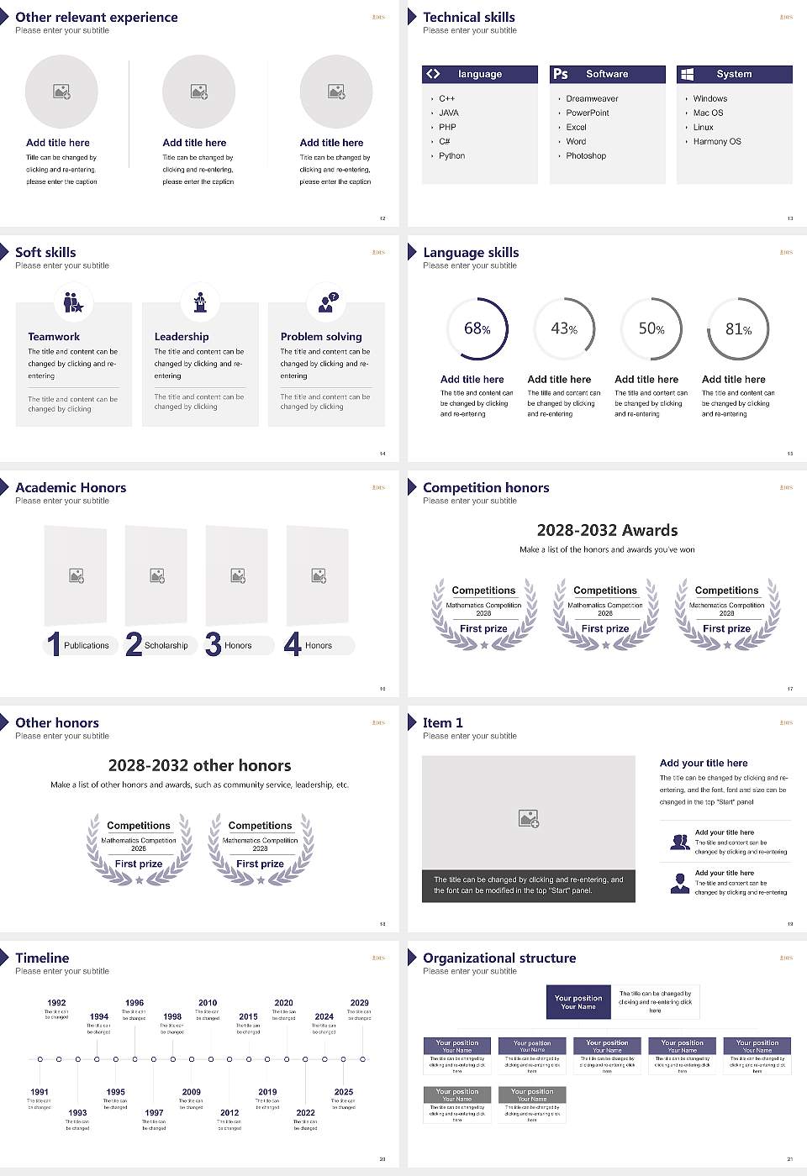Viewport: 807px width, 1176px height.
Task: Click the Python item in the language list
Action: [451, 156]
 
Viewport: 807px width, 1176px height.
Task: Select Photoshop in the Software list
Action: [586, 156]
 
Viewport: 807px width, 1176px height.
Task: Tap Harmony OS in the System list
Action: [717, 142]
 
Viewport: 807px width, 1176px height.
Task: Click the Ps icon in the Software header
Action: [561, 74]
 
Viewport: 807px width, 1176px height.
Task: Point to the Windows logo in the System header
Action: [687, 74]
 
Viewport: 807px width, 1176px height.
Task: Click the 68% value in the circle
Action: [477, 328]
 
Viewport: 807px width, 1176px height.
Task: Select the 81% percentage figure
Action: [738, 329]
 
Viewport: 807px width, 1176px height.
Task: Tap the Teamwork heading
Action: [54, 337]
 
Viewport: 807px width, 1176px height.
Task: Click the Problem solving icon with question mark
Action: [327, 302]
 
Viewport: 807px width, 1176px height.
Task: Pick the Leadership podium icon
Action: [200, 302]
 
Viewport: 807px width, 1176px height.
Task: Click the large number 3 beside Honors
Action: [213, 644]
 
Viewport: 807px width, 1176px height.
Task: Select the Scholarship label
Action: [166, 646]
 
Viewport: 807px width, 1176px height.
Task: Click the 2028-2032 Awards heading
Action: [607, 530]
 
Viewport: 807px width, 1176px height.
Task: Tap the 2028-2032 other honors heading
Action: [199, 765]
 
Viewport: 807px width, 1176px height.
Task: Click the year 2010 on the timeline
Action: [208, 1003]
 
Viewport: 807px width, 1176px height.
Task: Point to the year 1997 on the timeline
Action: [154, 1113]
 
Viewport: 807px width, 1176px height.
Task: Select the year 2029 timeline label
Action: [359, 1003]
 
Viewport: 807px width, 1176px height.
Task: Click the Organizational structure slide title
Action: [499, 958]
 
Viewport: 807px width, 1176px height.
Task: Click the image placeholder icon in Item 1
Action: [529, 818]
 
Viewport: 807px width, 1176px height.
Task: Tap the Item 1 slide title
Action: [442, 723]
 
